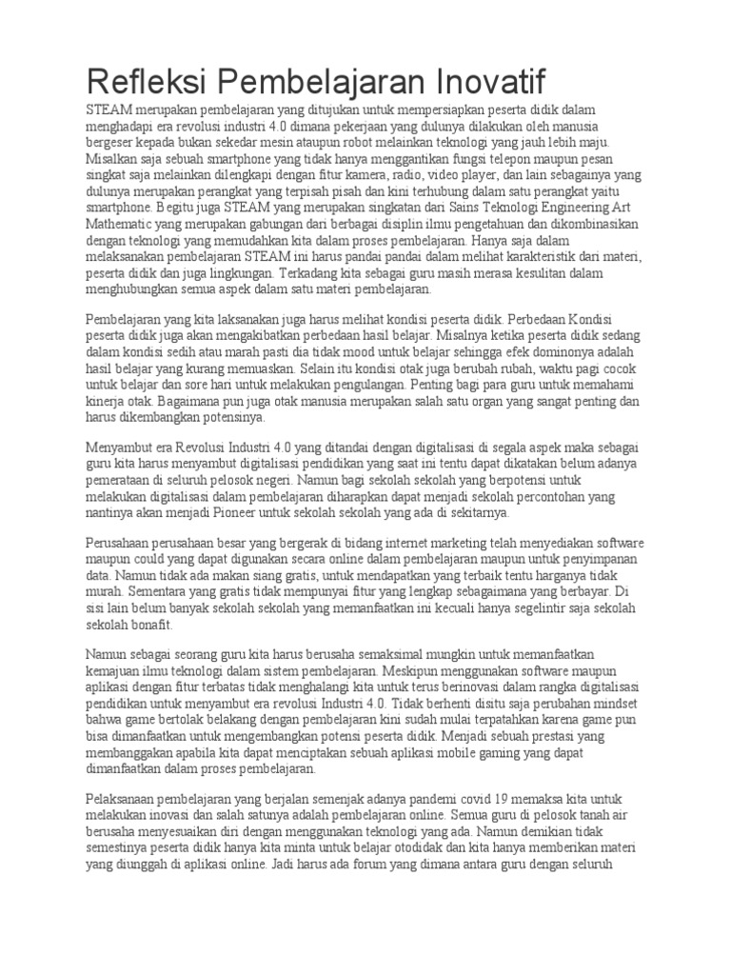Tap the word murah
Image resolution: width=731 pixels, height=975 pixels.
(105, 593)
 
